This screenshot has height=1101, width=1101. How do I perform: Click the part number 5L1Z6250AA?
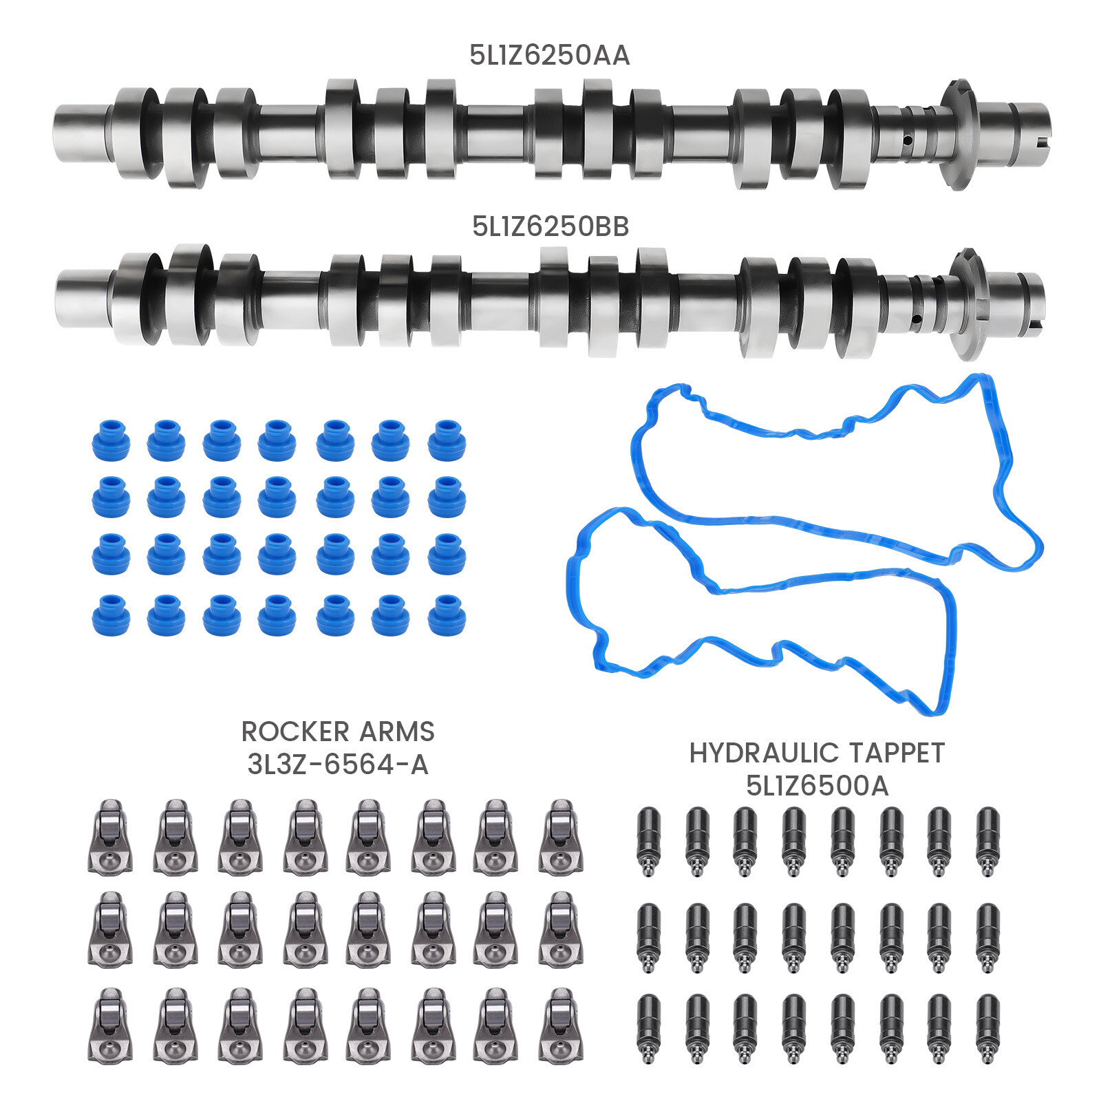point(549,55)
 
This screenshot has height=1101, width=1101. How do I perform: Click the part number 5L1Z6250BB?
point(550,226)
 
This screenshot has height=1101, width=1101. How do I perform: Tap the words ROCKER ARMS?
point(337,731)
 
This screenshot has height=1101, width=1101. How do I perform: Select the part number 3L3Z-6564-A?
point(337,765)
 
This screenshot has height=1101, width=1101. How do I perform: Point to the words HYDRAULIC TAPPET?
point(817,753)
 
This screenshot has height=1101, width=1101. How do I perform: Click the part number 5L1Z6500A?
point(817,786)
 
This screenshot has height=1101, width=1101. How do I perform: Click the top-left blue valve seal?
point(111,440)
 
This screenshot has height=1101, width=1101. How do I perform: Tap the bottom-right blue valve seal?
point(447,614)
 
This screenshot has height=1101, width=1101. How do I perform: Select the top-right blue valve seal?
point(447,440)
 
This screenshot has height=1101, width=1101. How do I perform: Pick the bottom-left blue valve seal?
point(111,614)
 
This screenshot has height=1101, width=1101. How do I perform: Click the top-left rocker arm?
point(110,837)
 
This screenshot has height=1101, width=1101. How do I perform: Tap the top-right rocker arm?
point(561,837)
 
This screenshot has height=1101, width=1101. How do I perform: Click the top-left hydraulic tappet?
point(648,841)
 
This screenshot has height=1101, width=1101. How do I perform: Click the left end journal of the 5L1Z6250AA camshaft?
point(81,133)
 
